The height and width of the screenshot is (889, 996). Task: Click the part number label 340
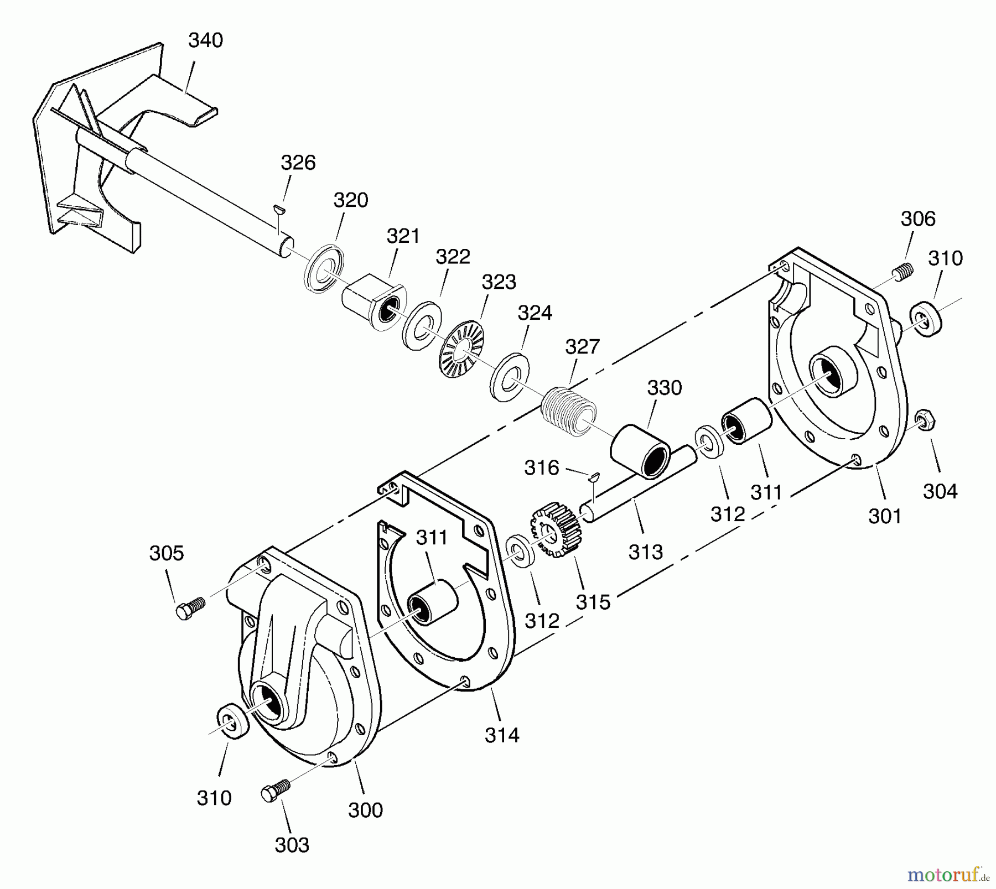[205, 40]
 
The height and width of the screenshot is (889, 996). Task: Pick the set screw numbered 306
[902, 271]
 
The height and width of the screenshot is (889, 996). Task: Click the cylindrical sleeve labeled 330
[641, 450]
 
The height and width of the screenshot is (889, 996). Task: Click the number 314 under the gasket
[502, 735]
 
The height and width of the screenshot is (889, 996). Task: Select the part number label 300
[365, 810]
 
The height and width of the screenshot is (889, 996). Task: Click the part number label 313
[645, 552]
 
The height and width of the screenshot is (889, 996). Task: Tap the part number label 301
[885, 516]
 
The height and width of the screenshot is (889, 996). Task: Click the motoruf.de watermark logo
[948, 875]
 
